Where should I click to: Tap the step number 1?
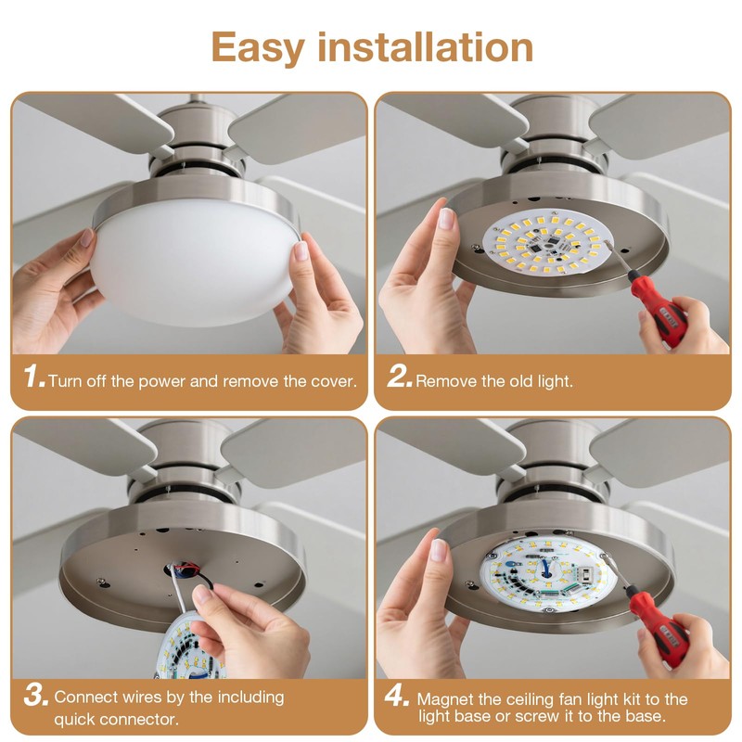[34, 377]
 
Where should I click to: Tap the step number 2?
[399, 377]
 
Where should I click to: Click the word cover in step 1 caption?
[335, 381]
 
